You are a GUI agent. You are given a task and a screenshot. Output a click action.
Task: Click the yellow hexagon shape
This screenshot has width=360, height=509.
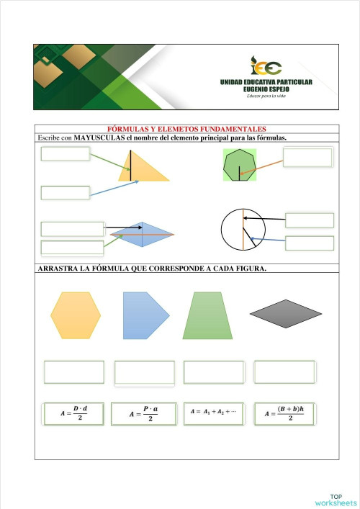pyautogui.click(x=76, y=315)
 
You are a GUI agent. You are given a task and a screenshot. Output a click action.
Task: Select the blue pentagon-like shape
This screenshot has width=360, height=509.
pyautogui.click(x=144, y=315)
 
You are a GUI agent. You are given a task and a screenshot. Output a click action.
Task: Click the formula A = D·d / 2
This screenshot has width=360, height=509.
pyautogui.click(x=75, y=414)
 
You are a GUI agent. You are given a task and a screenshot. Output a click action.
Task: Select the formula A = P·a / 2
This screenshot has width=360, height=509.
pyautogui.click(x=143, y=414)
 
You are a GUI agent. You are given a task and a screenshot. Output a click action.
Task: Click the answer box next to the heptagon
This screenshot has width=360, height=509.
pyautogui.click(x=307, y=157)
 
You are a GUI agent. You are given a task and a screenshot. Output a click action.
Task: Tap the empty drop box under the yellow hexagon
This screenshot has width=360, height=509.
pyautogui.click(x=74, y=372)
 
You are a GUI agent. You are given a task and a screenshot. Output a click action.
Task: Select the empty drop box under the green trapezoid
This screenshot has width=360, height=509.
pyautogui.click(x=214, y=372)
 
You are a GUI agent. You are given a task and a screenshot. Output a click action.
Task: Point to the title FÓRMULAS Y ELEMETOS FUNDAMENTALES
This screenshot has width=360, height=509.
pyautogui.click(x=186, y=129)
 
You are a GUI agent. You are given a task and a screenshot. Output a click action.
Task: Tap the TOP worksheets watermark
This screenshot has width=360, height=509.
pyautogui.click(x=335, y=500)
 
